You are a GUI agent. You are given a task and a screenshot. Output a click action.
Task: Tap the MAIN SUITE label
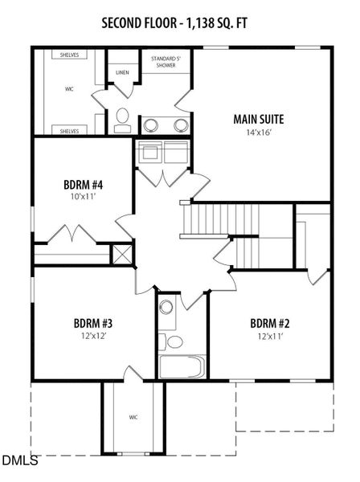point(258,120)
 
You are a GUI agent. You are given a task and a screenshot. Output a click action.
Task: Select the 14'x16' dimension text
point(258,133)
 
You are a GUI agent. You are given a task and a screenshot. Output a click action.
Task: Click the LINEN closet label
point(122,72)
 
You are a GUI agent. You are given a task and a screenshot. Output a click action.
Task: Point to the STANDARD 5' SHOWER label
point(168,63)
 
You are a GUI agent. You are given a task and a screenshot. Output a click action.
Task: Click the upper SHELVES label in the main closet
point(69,55)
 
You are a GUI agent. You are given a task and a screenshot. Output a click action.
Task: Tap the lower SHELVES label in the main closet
point(69,129)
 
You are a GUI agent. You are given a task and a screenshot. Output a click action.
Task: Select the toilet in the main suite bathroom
point(122,121)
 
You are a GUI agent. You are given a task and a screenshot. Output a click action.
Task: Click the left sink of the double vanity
point(149,125)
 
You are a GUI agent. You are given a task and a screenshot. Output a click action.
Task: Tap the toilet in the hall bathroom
point(173,342)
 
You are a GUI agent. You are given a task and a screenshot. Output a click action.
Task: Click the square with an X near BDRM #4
point(123,255)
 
